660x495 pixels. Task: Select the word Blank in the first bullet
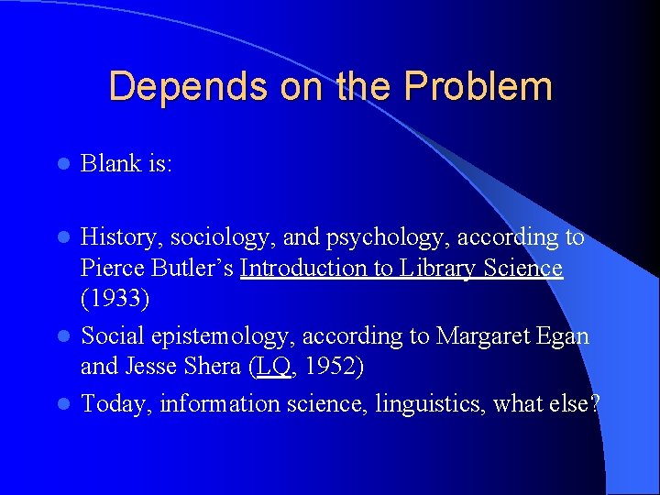coord(109,163)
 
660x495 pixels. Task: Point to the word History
coord(116,237)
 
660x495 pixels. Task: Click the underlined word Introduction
coord(306,269)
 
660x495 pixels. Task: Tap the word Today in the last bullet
coord(115,404)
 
